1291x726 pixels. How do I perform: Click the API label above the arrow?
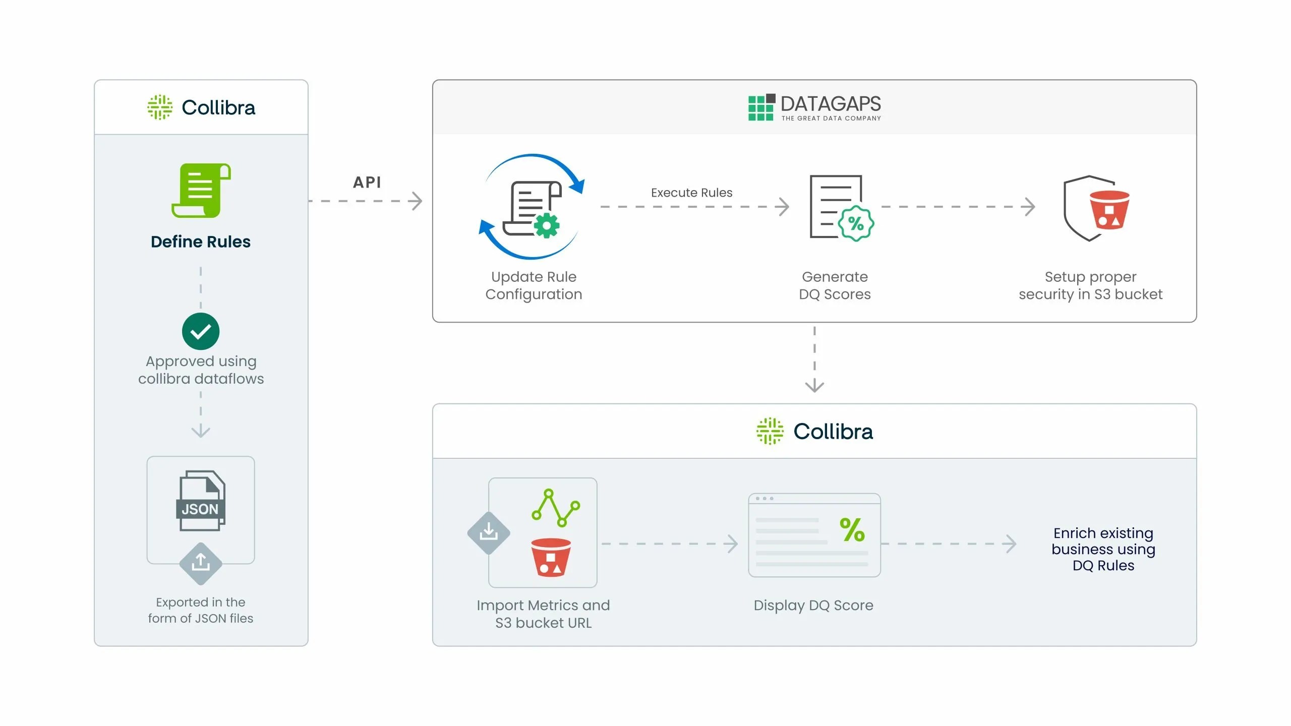(367, 182)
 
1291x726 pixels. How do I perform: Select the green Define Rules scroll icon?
(201, 191)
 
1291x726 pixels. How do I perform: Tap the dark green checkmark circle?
(201, 331)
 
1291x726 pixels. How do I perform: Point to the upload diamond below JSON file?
(201, 563)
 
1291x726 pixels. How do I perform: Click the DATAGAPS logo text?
(830, 104)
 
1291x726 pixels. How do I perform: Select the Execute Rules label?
(691, 193)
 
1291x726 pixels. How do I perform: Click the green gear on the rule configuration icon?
(547, 225)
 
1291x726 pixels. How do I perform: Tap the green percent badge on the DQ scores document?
(856, 223)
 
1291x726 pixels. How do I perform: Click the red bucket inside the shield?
(1109, 210)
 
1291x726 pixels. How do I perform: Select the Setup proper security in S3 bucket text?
(1090, 285)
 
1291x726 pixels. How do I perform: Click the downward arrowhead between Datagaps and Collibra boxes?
(814, 386)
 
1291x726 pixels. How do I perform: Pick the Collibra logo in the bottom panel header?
(814, 432)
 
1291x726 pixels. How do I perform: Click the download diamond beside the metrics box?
(488, 533)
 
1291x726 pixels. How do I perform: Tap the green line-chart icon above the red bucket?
(555, 508)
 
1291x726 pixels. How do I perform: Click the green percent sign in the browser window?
(852, 530)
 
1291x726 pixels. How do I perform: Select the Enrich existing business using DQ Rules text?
(1103, 549)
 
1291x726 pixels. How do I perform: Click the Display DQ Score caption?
(813, 605)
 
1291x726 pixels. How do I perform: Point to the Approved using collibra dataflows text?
(201, 370)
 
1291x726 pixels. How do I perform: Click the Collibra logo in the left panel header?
(201, 107)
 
